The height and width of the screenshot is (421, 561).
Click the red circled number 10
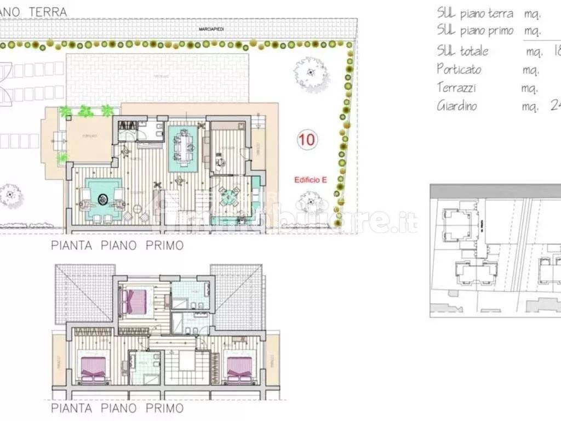pyautogui.click(x=307, y=140)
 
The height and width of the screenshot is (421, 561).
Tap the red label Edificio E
pyautogui.click(x=310, y=179)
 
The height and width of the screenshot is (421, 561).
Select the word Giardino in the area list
pyautogui.click(x=456, y=105)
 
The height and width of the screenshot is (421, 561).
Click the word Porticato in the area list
pyautogui.click(x=459, y=69)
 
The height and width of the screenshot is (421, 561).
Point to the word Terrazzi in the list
pyautogui.click(x=456, y=87)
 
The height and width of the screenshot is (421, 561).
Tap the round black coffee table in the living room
pyautogui.click(x=102, y=198)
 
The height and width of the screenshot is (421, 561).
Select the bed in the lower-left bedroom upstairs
pyautogui.click(x=93, y=369)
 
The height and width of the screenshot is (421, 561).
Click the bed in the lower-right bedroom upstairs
pyautogui.click(x=239, y=369)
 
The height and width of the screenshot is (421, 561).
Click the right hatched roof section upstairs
pyautogui.click(x=237, y=296)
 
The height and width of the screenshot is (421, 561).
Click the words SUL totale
pyautogui.click(x=462, y=51)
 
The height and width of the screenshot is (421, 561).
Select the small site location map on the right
pyautogui.click(x=495, y=251)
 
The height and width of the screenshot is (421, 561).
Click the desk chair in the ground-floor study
pyautogui.click(x=220, y=161)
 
